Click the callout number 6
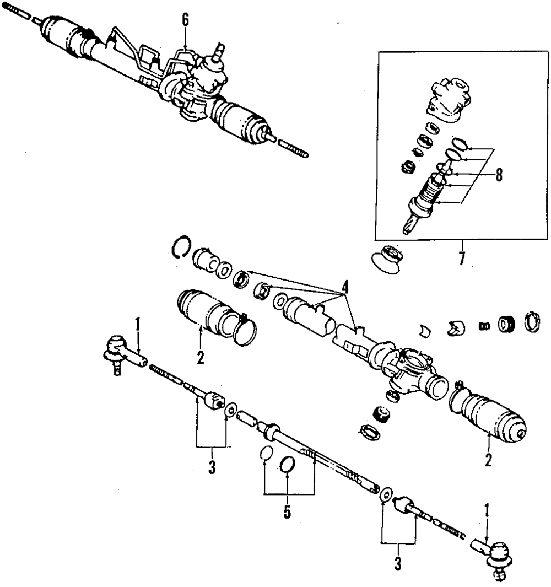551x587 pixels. coord(185,20)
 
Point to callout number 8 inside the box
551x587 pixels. coord(499,175)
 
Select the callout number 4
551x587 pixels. coord(345,287)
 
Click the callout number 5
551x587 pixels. coord(287,511)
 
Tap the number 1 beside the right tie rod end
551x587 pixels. coord(487,511)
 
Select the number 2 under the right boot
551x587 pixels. coord(488,459)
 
